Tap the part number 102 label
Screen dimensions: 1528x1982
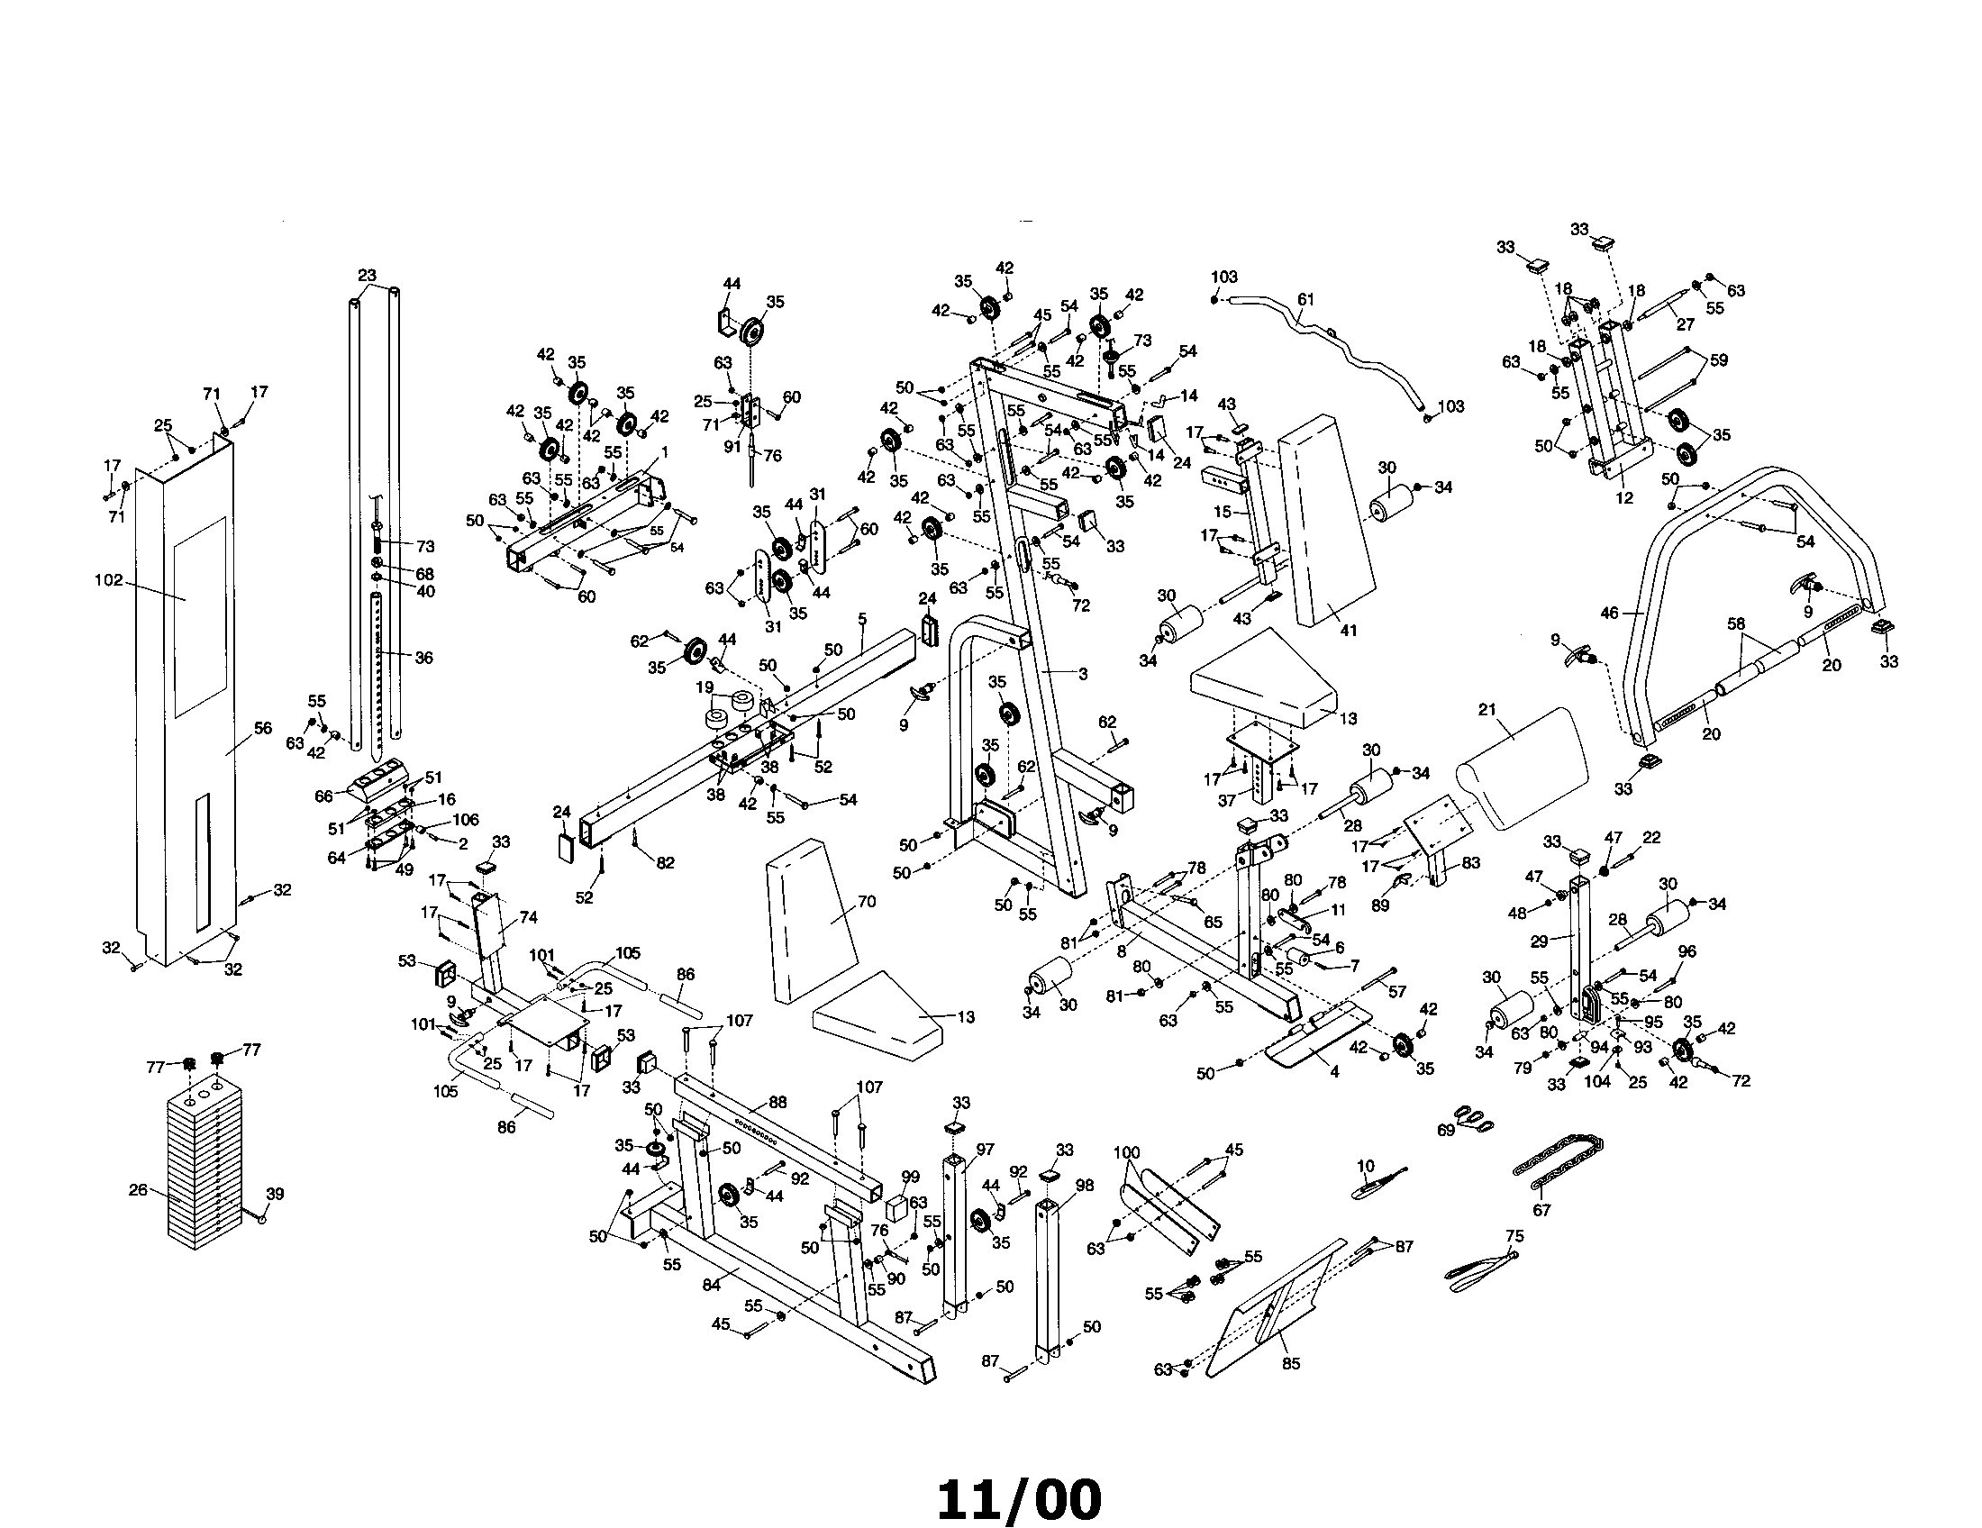coord(108,581)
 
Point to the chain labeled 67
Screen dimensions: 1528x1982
coord(1558,1161)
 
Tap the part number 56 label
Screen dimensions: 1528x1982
coord(262,728)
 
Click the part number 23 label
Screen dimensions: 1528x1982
coord(366,275)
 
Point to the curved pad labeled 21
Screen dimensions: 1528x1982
coord(1523,768)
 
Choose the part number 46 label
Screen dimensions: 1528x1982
coord(1608,614)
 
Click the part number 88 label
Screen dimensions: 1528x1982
coord(777,1103)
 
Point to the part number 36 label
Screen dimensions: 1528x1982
coord(423,658)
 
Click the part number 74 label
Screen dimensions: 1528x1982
coord(528,917)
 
